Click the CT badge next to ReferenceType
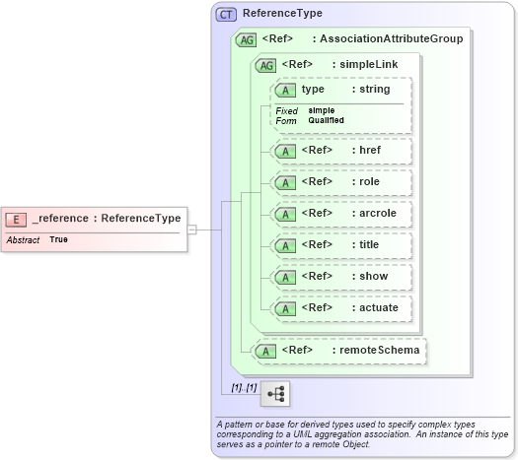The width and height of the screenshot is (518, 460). click(227, 14)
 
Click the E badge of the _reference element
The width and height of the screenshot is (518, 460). click(17, 219)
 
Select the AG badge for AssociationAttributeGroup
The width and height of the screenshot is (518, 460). click(245, 39)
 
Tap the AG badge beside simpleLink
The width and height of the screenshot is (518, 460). click(265, 65)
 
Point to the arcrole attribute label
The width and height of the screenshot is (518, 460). click(374, 214)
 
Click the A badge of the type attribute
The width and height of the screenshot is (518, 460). click(286, 90)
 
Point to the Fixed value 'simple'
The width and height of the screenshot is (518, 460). click(321, 110)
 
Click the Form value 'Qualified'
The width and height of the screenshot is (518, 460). click(326, 120)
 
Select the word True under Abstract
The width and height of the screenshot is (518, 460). click(58, 240)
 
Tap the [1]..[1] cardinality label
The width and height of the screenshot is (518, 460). click(243, 387)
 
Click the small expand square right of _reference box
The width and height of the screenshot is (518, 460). click(192, 230)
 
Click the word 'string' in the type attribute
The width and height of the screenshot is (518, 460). click(374, 90)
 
